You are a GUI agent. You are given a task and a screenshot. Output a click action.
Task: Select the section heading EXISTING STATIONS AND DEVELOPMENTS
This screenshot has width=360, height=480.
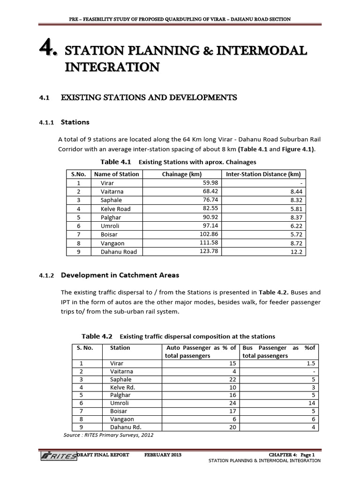click(149, 97)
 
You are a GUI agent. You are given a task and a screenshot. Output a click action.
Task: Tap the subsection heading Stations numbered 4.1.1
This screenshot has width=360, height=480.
click(75, 122)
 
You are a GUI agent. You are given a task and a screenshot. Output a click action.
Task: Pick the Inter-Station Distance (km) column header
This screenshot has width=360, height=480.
click(263, 174)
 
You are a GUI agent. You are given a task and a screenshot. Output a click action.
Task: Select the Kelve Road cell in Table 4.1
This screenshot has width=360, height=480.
click(115, 209)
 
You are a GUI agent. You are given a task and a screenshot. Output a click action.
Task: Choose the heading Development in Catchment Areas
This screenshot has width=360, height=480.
click(120, 275)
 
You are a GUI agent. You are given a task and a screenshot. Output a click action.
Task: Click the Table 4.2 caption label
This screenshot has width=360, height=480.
click(97, 336)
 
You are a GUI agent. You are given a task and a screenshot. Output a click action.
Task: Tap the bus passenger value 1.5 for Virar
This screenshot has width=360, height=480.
click(311, 363)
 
